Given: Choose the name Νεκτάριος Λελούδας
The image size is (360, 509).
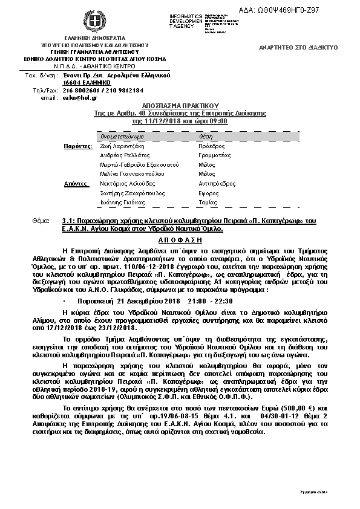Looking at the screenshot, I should pyautogui.click(x=128, y=183).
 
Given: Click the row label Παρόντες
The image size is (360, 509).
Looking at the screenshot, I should pyautogui.click(x=78, y=146).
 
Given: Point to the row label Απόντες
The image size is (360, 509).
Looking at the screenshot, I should pyautogui.click(x=78, y=183).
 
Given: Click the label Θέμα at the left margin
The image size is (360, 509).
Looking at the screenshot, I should pyautogui.click(x=40, y=221).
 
